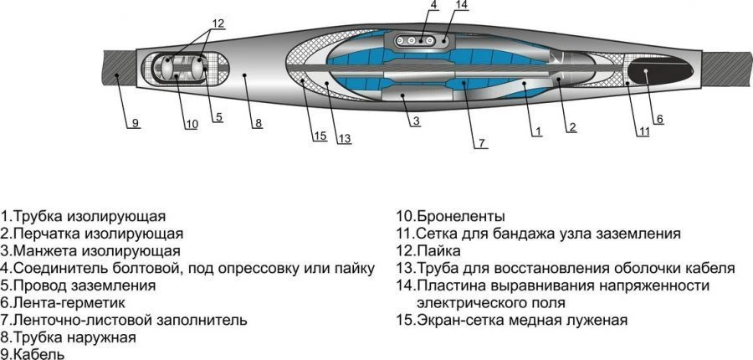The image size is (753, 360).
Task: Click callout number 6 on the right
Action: pyautogui.click(x=658, y=119)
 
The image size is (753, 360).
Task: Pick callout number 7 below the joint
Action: pyautogui.click(x=480, y=142)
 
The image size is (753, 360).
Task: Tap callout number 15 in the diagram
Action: pyautogui.click(x=320, y=136)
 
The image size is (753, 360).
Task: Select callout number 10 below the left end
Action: pyautogui.click(x=192, y=125)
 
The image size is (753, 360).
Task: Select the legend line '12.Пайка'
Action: pyautogui.click(x=428, y=251)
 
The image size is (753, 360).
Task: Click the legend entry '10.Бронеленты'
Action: pyautogui.click(x=450, y=217)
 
